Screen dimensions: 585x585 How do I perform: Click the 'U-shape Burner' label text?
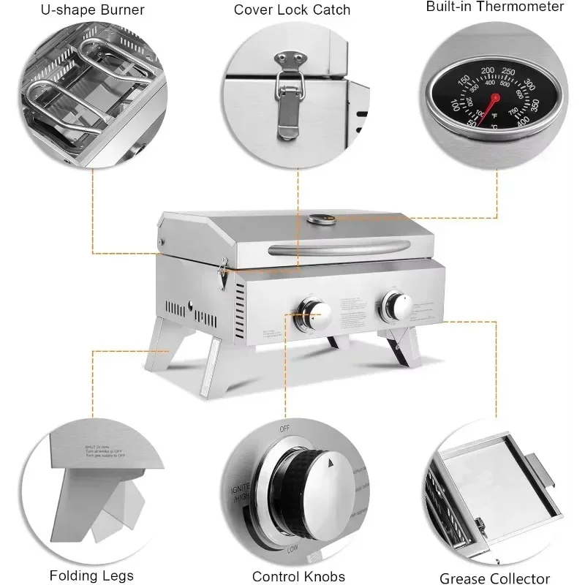[92, 10]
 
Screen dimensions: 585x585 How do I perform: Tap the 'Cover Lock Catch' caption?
[292, 10]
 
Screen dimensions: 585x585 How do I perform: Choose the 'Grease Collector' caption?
[494, 578]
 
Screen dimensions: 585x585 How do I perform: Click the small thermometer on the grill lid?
[320, 219]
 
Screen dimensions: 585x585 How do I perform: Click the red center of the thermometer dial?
[495, 97]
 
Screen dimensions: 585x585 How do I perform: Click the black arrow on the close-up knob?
[331, 463]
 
